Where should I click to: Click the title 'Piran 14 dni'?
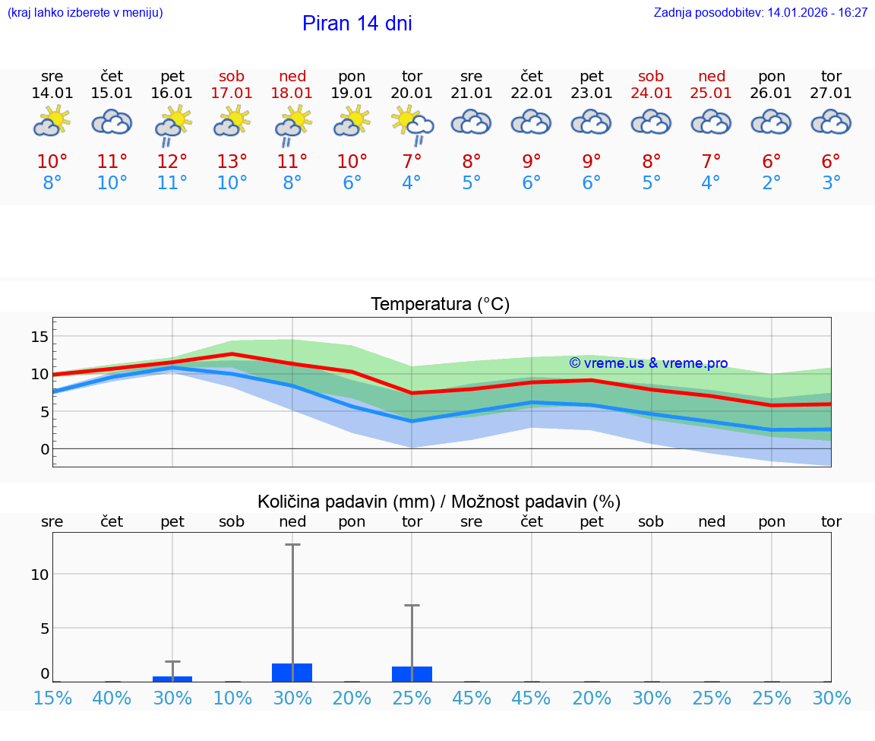[357, 24]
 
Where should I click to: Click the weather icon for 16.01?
[172, 123]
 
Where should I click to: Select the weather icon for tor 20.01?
[412, 123]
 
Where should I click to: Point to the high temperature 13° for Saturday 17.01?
[232, 161]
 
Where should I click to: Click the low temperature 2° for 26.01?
[772, 183]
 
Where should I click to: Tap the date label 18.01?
[292, 93]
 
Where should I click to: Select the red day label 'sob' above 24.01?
[651, 76]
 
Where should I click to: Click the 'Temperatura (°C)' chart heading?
[440, 305]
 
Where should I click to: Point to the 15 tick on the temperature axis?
[40, 337]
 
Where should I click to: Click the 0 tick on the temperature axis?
[45, 449]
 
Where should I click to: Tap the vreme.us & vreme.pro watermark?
[649, 363]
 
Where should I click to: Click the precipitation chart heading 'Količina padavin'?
[439, 502]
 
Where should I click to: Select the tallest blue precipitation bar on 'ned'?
[292, 673]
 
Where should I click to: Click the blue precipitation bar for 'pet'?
[172, 679]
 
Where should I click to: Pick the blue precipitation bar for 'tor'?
[412, 674]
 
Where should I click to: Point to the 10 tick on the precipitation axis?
[39, 575]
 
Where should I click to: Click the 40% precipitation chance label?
[112, 698]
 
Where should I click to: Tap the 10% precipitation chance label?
[232, 698]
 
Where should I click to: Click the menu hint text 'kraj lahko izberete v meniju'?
[85, 13]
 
